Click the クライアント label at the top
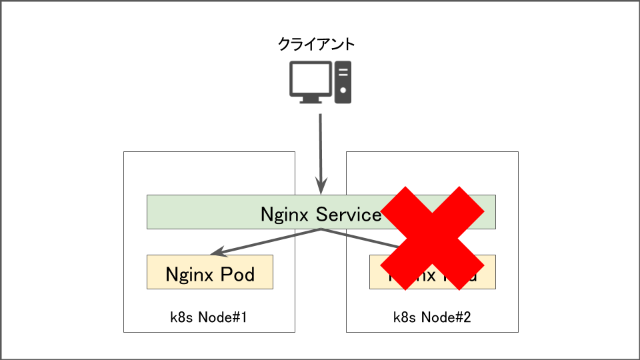point(316,45)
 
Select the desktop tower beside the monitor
point(343,82)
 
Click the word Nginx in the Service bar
point(285,214)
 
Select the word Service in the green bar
point(348,214)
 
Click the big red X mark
point(433,237)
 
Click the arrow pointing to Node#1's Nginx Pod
point(267,242)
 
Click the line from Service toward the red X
point(360,239)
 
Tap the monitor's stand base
point(310,101)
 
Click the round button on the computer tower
point(343,90)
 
